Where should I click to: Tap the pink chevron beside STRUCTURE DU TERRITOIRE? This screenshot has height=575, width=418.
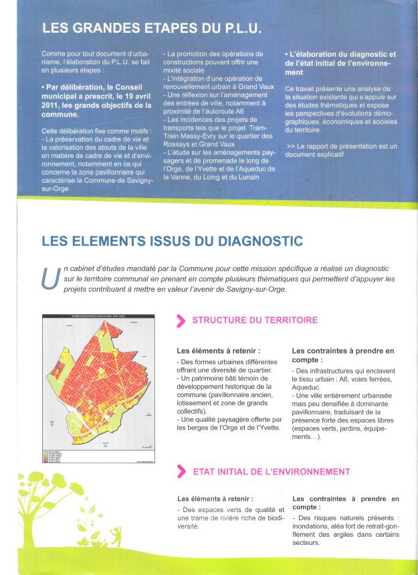coord(180,320)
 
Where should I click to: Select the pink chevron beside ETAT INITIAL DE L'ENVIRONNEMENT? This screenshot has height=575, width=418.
coord(180,471)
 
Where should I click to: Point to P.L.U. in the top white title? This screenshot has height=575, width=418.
coord(237,29)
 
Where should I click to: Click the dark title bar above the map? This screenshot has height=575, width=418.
coord(102,317)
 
